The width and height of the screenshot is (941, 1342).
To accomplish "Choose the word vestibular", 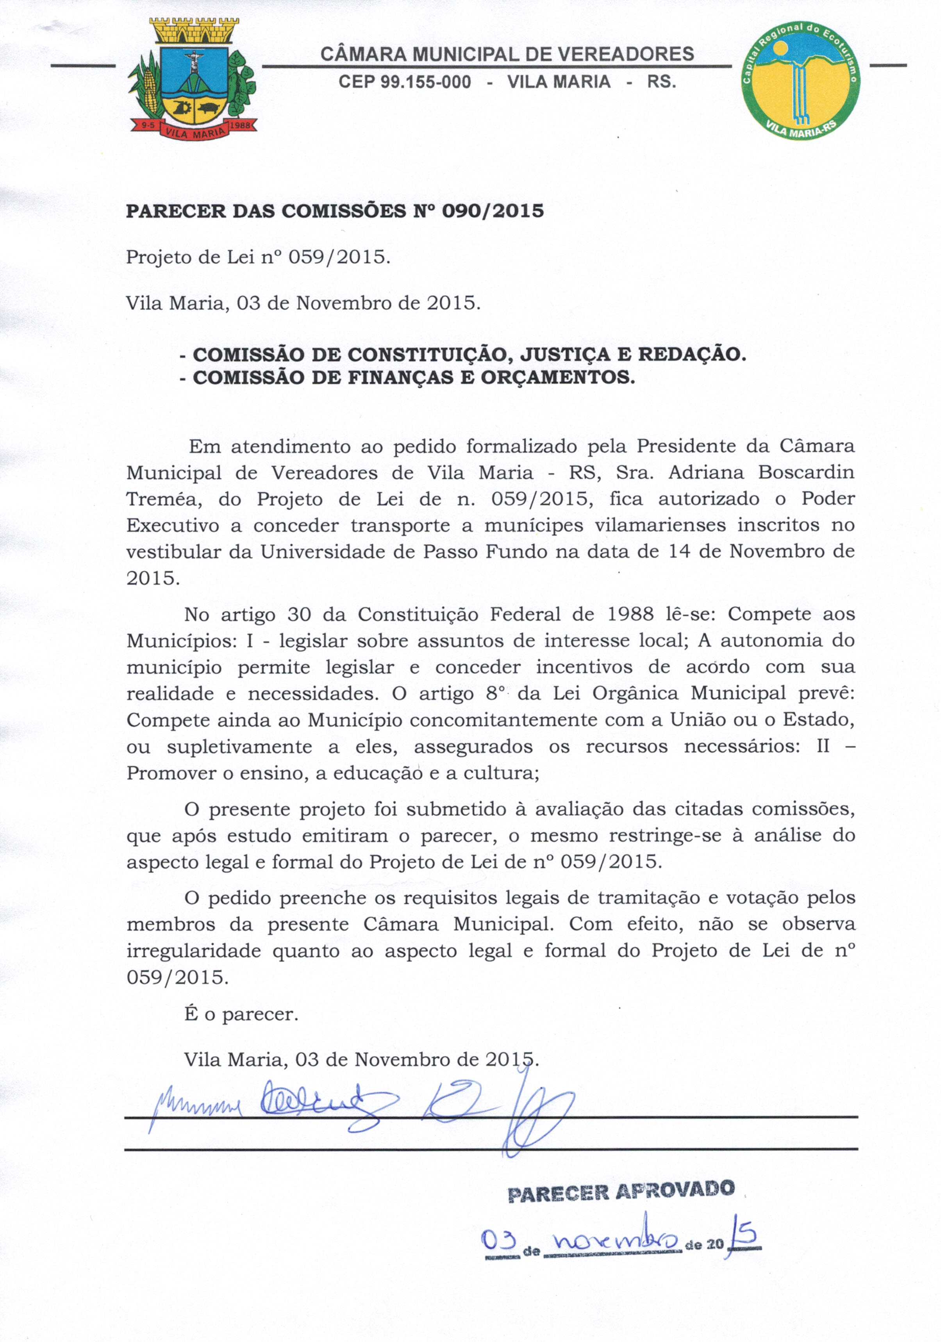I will (x=174, y=552).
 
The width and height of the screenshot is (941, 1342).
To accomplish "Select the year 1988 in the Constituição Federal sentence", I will (x=630, y=614).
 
